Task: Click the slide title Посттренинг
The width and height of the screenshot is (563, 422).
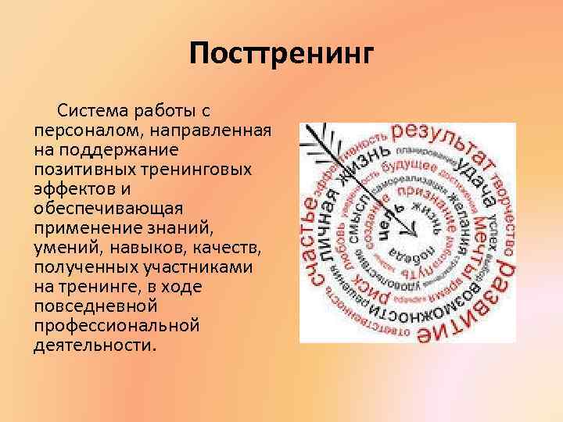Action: point(282,54)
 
